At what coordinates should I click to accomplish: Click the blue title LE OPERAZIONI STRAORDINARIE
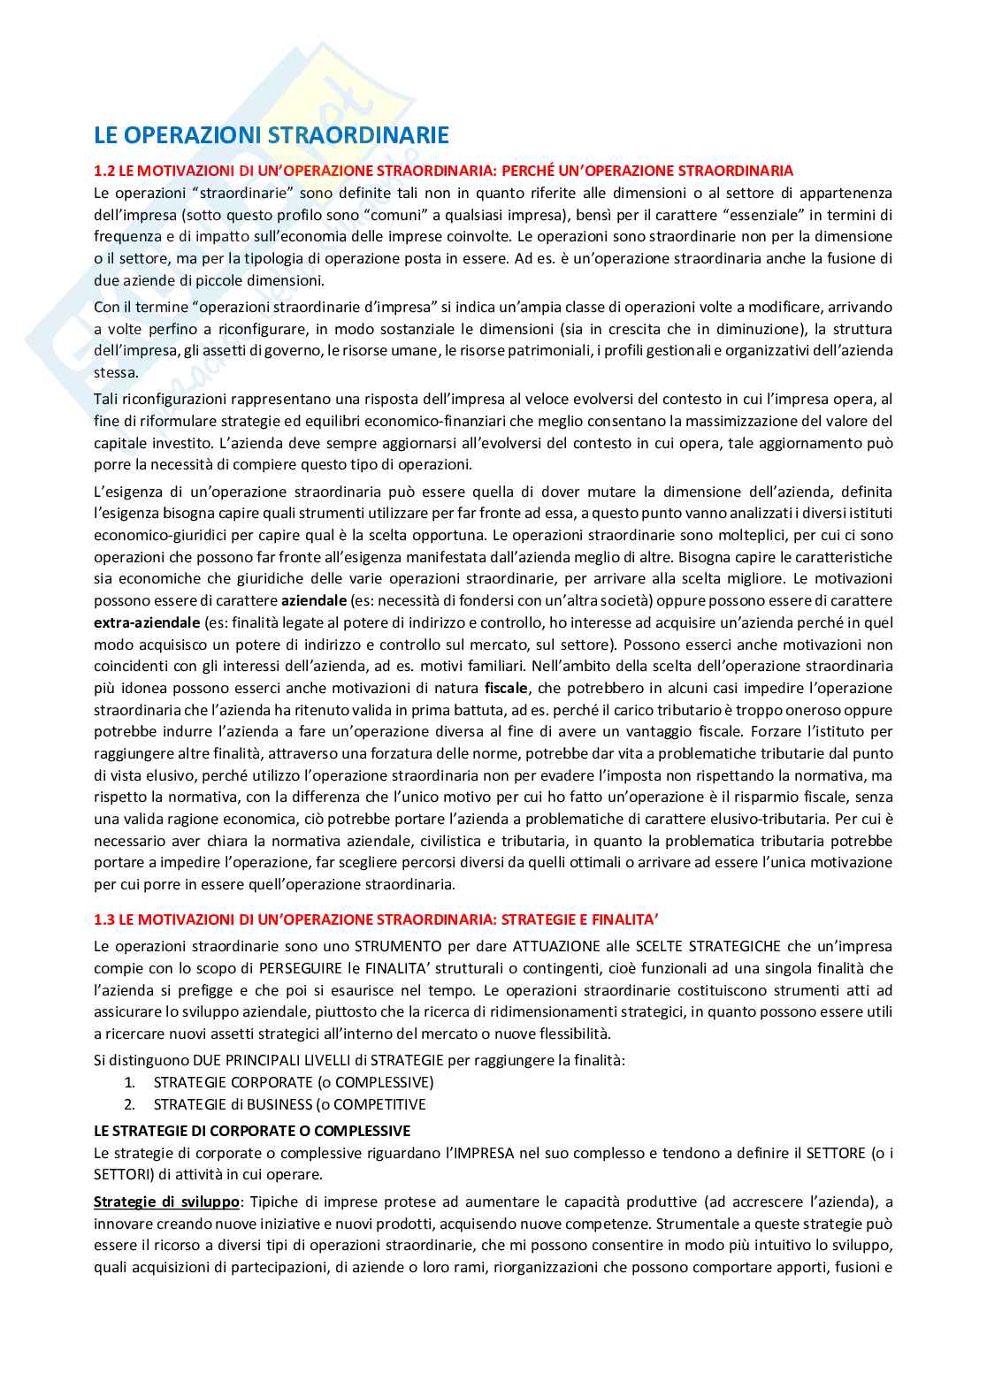272,135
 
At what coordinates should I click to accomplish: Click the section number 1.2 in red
104,171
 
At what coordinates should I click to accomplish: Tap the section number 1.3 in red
104,919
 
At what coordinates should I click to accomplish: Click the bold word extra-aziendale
147,622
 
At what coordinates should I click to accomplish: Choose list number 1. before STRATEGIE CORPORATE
129,1082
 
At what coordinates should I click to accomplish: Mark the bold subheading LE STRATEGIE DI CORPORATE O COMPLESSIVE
252,1131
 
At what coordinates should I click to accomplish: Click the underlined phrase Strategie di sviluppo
167,1201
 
